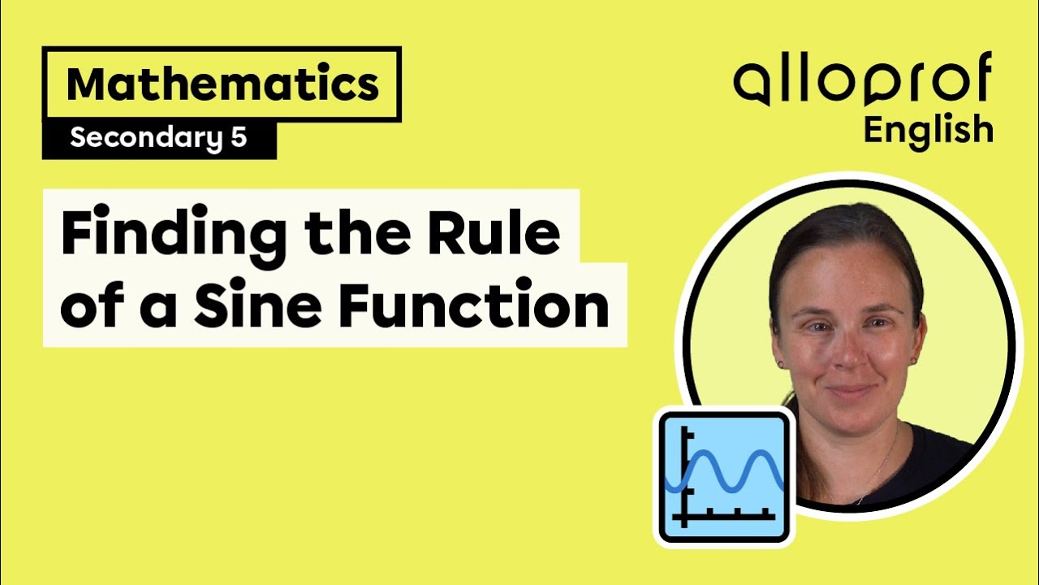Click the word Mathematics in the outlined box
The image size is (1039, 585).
coord(222,84)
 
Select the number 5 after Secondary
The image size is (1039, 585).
coord(238,138)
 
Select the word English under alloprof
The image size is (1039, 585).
coord(928,130)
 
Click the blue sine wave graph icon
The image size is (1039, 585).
coord(724,475)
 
